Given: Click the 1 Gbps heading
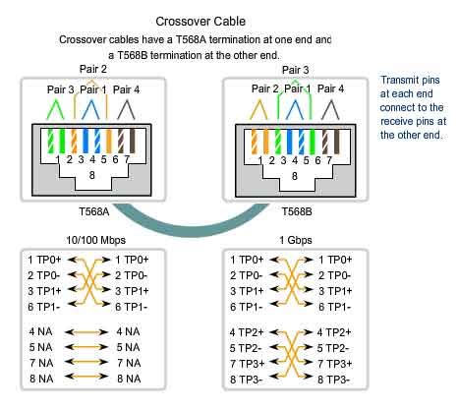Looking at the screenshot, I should [x=284, y=239].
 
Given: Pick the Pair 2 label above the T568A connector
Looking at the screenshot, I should [x=93, y=69].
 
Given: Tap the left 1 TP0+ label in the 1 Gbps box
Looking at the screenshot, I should [x=243, y=259].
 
